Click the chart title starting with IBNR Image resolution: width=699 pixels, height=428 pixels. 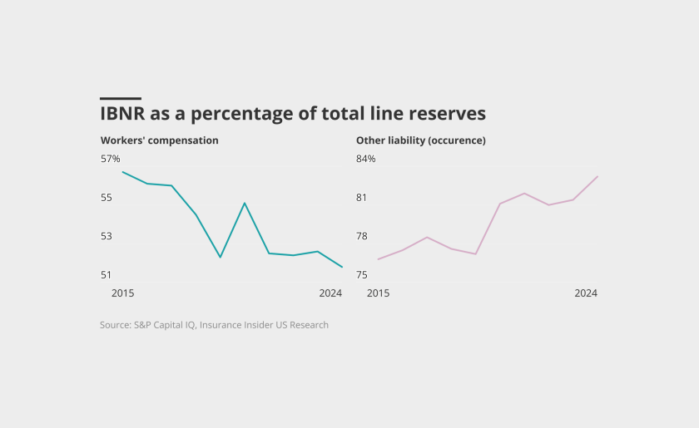point(293,114)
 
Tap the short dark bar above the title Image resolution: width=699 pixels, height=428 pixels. point(121,98)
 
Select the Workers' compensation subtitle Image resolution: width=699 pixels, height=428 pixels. point(160,140)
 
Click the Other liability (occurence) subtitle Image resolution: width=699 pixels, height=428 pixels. point(421,140)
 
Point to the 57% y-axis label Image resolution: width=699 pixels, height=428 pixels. point(111,159)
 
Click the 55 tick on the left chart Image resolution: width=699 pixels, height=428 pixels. point(107,198)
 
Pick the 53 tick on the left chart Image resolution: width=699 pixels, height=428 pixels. point(107,236)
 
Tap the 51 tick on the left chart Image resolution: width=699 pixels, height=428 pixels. point(107,275)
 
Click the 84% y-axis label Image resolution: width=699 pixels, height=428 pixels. point(366,159)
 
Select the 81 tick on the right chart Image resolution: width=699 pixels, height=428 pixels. point(362,198)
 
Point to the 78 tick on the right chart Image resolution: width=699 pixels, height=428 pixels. point(362,236)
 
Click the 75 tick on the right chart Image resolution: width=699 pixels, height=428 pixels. point(362,275)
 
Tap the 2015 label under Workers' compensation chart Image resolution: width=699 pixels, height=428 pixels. point(122,293)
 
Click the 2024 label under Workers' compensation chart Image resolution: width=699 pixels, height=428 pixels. point(330,293)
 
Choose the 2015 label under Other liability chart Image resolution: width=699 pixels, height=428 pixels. point(378,293)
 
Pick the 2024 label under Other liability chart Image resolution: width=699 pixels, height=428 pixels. point(586,293)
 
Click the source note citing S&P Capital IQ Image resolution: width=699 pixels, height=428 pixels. point(214,325)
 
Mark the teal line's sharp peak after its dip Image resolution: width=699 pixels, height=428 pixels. point(245,203)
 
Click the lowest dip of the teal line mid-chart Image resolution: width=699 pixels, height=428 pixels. point(221,257)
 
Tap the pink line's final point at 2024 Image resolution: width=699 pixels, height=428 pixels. point(597,176)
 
